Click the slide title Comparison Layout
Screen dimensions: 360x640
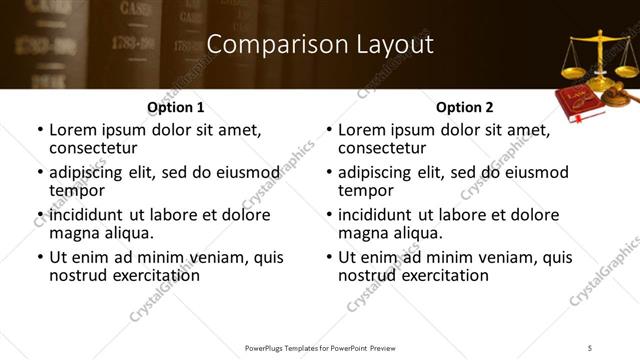(320, 45)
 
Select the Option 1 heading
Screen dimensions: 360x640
(175, 107)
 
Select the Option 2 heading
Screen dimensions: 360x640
(464, 107)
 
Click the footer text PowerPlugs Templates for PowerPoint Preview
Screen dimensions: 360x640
(319, 347)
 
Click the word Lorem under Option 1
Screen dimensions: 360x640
(73, 130)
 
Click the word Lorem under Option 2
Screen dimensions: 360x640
(362, 130)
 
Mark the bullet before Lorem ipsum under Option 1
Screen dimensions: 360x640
(40, 131)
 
